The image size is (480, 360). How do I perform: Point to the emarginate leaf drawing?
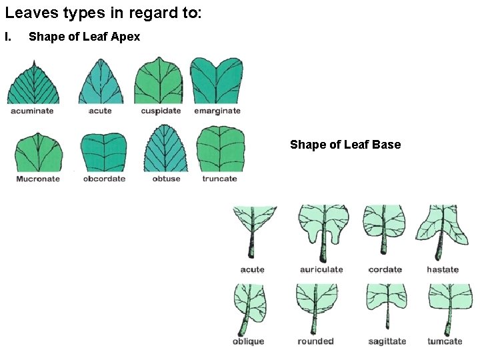tap(217, 80)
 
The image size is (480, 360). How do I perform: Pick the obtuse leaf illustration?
tap(166, 150)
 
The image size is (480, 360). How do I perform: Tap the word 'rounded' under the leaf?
tap(315, 341)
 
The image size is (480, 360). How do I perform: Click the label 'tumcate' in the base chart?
tap(445, 341)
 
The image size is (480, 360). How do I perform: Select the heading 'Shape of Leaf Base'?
tap(345, 145)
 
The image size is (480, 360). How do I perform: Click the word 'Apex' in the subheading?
tap(126, 37)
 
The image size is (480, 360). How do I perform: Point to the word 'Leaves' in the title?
tap(27, 13)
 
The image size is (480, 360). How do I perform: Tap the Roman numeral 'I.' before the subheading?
tap(9, 37)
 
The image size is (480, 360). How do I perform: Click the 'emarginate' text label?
tap(217, 111)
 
